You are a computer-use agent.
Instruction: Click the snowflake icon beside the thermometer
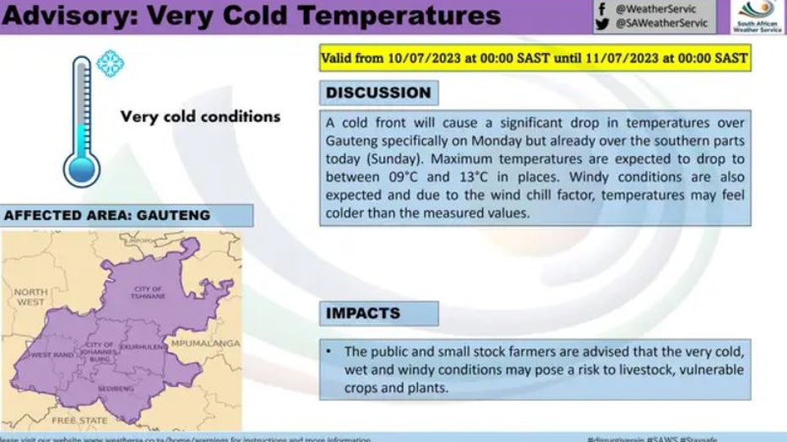pyautogui.click(x=110, y=63)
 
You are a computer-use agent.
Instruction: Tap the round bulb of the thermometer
pyautogui.click(x=82, y=168)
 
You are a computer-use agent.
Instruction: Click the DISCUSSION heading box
pyautogui.click(x=378, y=93)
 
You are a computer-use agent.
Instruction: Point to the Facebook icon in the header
pyautogui.click(x=602, y=8)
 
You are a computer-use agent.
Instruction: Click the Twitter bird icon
pyautogui.click(x=602, y=24)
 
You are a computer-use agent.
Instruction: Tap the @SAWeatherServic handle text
pyautogui.click(x=662, y=24)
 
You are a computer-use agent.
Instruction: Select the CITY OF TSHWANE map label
pyautogui.click(x=147, y=293)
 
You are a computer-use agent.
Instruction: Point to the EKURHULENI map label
pyautogui.click(x=141, y=347)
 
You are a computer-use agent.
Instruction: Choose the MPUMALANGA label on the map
pyautogui.click(x=204, y=344)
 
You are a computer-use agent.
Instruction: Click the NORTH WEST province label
pyautogui.click(x=30, y=296)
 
